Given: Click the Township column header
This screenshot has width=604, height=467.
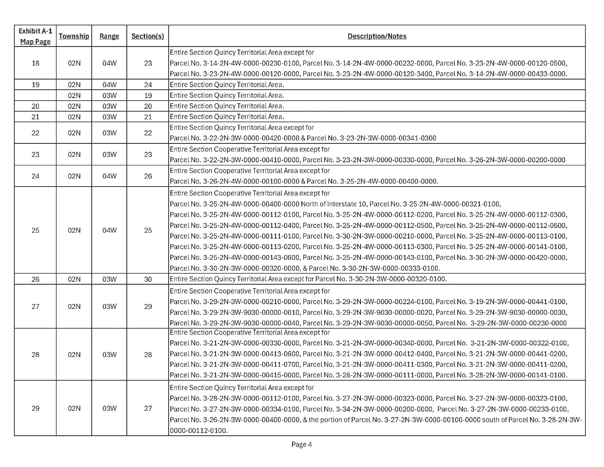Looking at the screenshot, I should [74, 36].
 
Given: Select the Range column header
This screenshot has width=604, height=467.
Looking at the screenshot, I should [109, 36].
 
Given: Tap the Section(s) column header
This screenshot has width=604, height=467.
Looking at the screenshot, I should [148, 36].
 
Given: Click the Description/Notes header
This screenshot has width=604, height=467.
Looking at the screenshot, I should [377, 36].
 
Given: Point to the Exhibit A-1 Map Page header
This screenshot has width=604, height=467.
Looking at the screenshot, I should [36, 36].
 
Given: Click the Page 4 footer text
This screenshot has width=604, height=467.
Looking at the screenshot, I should [301, 444].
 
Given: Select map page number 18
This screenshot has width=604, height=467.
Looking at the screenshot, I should [36, 63].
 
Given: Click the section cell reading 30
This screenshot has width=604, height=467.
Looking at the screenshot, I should [148, 279].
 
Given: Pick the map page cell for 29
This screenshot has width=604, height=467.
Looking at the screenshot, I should [36, 408].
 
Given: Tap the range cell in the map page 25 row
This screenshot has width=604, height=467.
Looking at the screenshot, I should [109, 230].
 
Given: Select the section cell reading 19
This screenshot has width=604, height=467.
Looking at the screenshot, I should [148, 96].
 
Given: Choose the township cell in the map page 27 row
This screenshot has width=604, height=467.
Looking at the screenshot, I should [74, 306].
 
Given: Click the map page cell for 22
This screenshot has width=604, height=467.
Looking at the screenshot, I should [36, 133].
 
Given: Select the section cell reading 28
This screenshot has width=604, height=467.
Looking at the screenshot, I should [148, 354].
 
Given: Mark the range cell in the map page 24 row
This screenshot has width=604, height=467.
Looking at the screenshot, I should [109, 176].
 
